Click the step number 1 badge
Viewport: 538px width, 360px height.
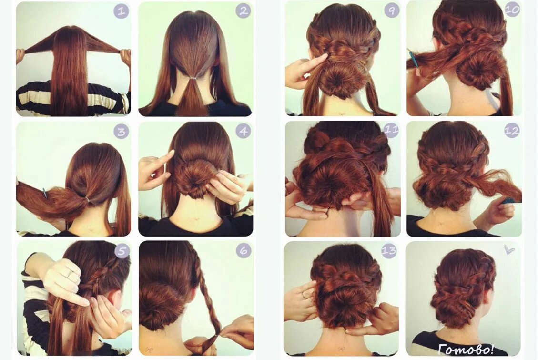121,11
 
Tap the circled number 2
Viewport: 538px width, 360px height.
243,11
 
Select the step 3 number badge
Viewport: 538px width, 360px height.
121,131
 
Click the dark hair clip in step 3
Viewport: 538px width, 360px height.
45,193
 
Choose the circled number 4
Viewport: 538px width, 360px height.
243,131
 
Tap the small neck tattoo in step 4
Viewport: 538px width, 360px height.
196,220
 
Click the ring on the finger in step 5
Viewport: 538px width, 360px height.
70,274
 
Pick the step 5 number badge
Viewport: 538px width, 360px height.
122,251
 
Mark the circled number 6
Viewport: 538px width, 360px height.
243,251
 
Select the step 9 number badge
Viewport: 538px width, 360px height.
391,10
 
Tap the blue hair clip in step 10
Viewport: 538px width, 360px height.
413,59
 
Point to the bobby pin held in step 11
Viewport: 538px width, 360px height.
328,207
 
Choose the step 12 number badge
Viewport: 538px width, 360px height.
512,130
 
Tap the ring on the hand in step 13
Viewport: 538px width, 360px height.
304,295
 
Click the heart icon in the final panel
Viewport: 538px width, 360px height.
509,249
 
